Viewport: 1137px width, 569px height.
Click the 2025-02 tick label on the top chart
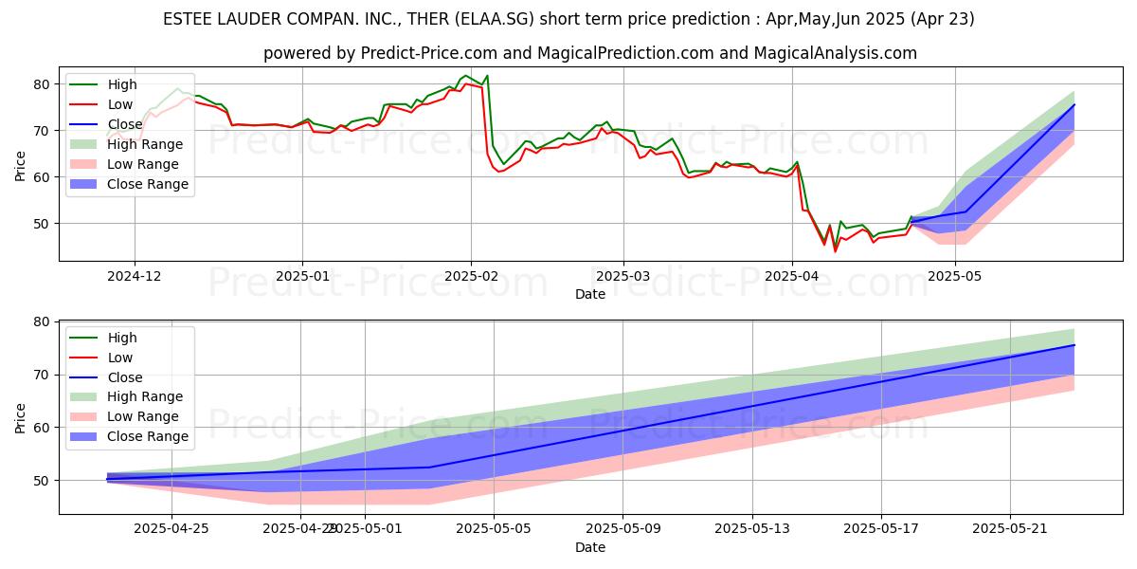point(470,276)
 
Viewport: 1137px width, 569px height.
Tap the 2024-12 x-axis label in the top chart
point(134,276)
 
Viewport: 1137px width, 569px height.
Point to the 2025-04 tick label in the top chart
point(791,276)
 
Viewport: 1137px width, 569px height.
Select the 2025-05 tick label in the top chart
point(955,276)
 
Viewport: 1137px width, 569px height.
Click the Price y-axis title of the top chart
point(20,164)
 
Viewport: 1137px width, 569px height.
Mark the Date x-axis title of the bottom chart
point(590,547)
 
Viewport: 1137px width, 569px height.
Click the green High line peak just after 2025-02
point(486,76)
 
